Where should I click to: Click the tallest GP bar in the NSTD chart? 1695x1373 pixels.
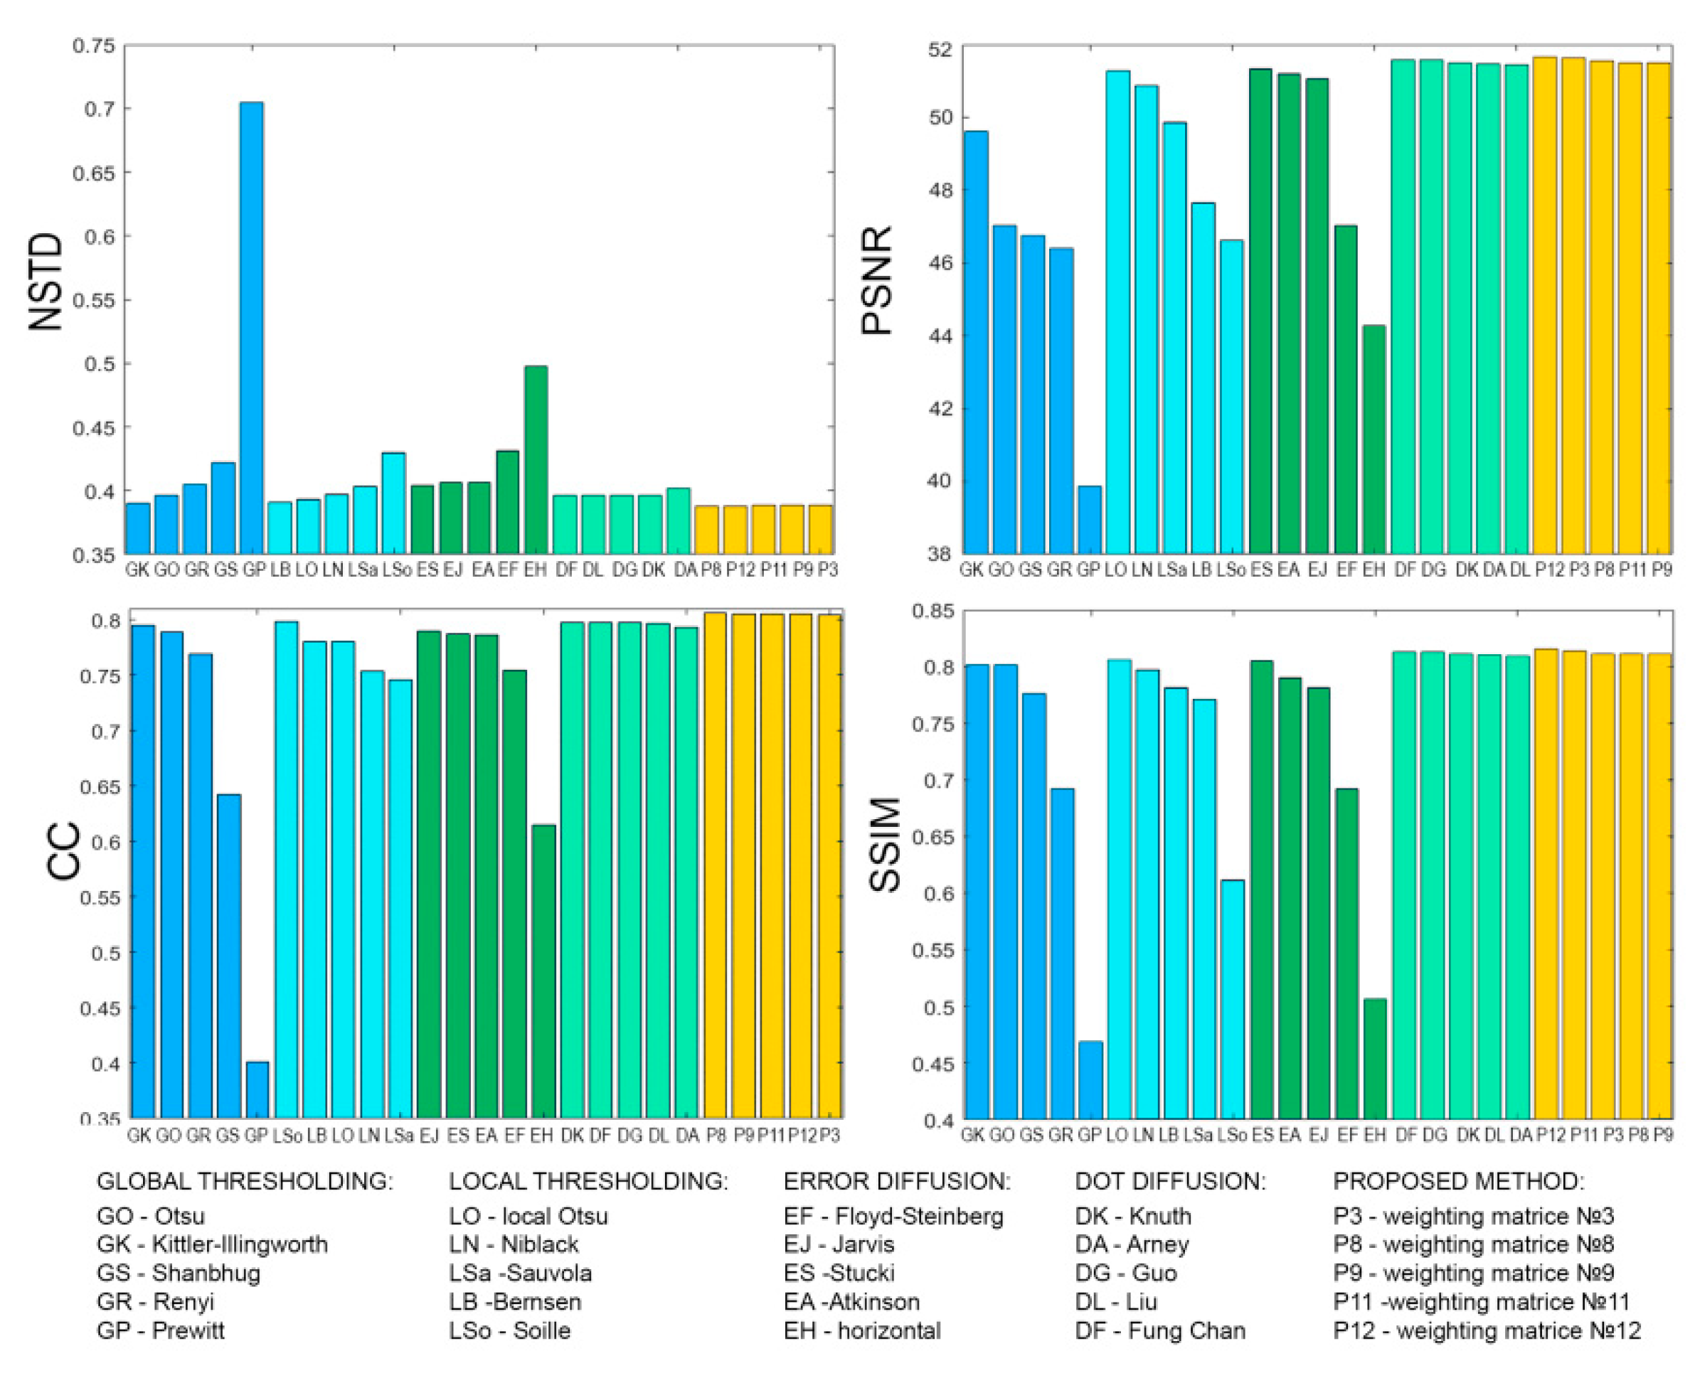coord(252,328)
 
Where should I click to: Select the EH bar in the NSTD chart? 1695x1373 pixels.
coord(535,459)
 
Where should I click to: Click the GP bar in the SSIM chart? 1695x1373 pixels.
coord(1090,1079)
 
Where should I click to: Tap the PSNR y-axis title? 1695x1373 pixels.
coord(877,281)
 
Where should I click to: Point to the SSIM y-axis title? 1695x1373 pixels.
coord(885,845)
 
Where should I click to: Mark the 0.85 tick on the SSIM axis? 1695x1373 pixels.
coord(932,611)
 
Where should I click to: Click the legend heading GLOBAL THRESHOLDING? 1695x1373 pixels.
coord(245,1181)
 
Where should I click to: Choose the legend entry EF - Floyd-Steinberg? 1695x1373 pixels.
coord(893,1216)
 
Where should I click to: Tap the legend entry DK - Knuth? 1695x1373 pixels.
coord(1132,1216)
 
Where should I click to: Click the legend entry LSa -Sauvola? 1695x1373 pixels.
coord(520,1273)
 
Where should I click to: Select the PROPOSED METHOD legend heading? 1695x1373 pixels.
coord(1458,1181)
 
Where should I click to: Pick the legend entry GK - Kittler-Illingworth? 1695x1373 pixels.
coord(211,1244)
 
